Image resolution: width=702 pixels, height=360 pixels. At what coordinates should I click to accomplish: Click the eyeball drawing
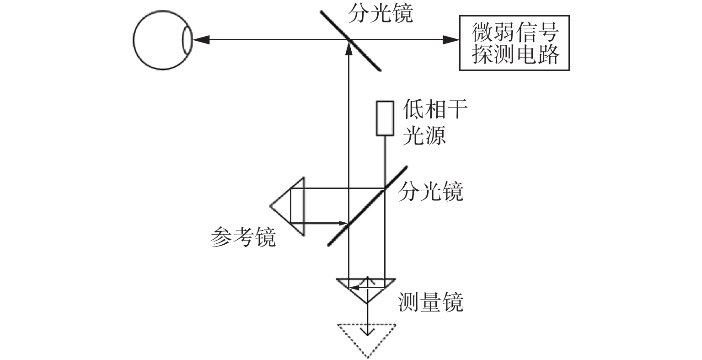134,40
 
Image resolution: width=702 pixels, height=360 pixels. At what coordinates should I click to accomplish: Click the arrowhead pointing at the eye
201,40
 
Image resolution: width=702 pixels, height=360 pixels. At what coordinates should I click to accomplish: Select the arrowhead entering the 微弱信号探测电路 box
451,40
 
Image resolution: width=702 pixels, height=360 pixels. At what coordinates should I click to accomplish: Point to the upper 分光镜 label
380,14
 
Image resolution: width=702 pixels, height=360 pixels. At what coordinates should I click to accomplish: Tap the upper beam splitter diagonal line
350,41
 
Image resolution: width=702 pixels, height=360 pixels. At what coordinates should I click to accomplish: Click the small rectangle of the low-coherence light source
385,118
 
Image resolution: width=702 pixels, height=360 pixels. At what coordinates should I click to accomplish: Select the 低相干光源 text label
434,122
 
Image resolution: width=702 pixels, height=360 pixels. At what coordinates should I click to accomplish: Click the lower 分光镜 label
431,191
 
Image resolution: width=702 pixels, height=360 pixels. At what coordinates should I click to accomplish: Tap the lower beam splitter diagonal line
367,206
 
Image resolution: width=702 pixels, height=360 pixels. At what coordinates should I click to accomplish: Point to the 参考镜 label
243,237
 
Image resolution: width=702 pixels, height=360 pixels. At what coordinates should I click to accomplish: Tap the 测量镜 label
431,302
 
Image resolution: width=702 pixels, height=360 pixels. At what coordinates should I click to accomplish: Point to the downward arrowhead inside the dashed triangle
367,332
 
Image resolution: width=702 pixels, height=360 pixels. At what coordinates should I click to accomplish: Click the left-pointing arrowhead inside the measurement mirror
354,287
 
